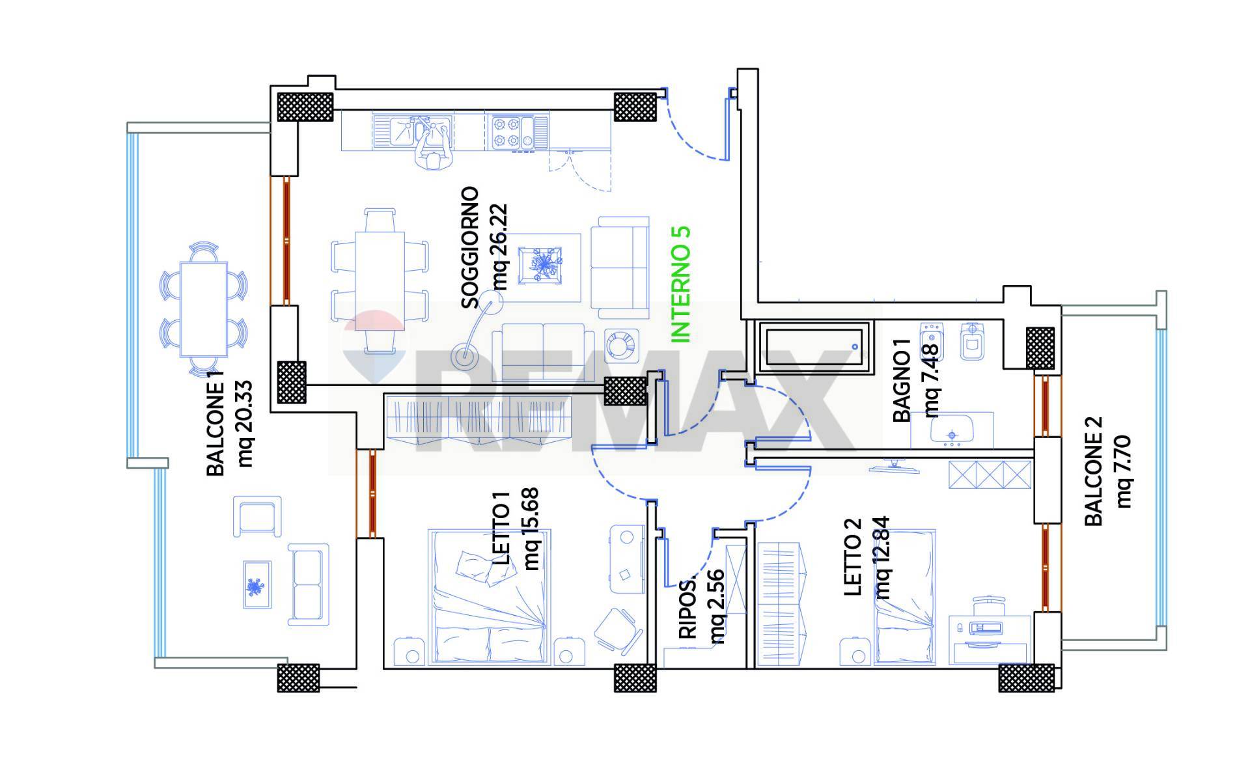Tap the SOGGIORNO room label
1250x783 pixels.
[470, 248]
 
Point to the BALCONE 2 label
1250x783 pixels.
[1093, 470]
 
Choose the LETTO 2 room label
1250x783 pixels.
[852, 556]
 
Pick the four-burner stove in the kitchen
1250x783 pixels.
[512, 131]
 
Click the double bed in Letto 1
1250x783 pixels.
[488, 597]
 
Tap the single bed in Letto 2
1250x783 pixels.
[905, 597]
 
